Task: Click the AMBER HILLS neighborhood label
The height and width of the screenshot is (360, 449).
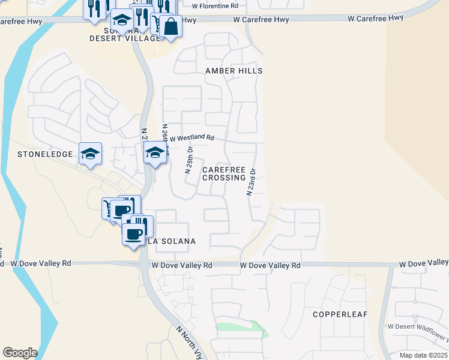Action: pos(234,71)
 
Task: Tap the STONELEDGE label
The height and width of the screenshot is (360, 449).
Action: pos(45,154)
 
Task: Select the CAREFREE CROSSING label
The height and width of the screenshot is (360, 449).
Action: pos(224,173)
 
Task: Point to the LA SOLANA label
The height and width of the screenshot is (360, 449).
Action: pos(172,241)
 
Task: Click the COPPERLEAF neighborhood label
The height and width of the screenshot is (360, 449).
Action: pos(340,314)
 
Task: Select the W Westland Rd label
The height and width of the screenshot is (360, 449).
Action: pos(191,137)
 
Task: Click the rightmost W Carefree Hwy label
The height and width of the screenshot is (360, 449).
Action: pos(376,19)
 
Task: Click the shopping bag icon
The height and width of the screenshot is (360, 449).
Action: pos(170,27)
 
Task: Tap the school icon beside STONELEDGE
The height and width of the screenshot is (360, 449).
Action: pos(91,154)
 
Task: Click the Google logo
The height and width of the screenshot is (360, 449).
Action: pos(20,353)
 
